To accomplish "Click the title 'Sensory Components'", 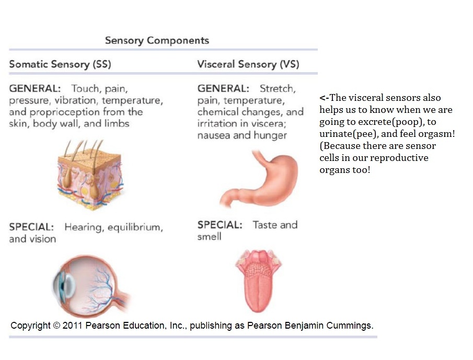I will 157,40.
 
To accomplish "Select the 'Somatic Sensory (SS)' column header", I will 60,64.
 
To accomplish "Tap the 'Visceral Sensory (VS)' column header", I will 248,64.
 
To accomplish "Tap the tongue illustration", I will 258,280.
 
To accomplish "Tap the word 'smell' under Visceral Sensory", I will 209,237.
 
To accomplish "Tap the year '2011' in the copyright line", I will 73,326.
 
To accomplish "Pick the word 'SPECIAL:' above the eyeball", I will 31,228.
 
